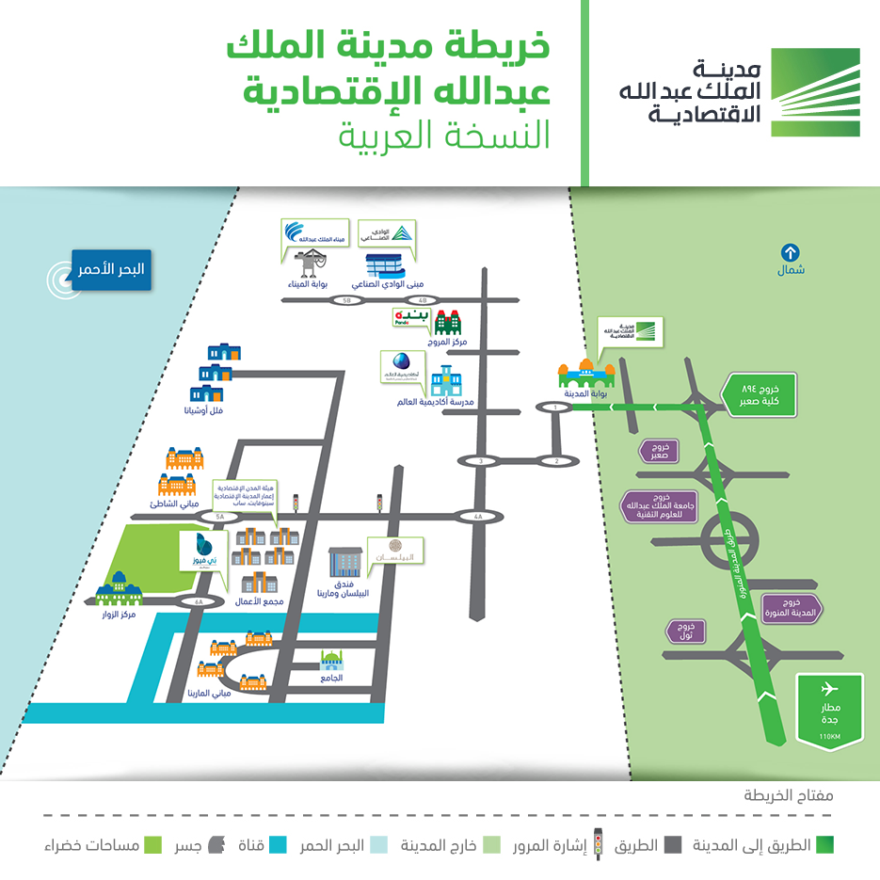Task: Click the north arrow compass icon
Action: coord(790,252)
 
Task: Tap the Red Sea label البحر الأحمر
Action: coord(112,268)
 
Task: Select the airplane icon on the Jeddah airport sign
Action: coord(829,687)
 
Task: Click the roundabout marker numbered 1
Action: coord(555,407)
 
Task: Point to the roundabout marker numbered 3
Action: coord(481,461)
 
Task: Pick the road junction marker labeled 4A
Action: coord(478,517)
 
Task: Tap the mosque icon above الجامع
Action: coord(330,660)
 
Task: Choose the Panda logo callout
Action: coord(411,316)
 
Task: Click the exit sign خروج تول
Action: coord(684,631)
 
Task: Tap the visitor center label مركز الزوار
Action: coord(120,615)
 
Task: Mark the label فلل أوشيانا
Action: coord(205,411)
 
